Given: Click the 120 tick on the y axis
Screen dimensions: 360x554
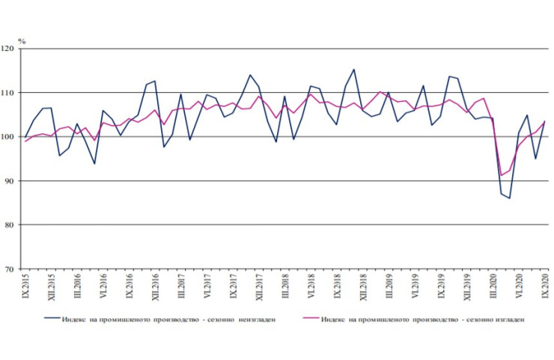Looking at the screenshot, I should click(10, 49).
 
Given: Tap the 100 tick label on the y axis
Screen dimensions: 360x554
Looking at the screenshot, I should click(10, 137).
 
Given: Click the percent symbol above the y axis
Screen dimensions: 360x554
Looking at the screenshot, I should click(22, 39).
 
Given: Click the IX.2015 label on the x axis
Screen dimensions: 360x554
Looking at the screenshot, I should click(25, 287).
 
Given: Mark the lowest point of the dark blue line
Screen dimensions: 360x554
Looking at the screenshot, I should click(510, 198).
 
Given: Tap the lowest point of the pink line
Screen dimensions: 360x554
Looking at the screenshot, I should click(501, 176).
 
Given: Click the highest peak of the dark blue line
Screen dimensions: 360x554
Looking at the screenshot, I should click(353, 70).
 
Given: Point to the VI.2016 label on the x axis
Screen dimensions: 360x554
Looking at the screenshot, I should click(103, 287).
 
